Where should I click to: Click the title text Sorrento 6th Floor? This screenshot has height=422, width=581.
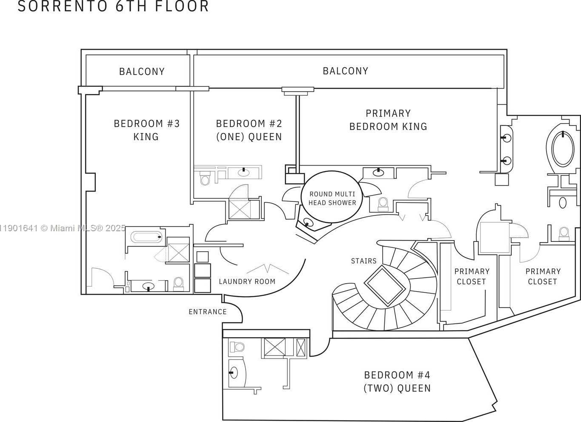pos(113,6)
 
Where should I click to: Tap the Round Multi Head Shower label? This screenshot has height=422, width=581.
pos(332,198)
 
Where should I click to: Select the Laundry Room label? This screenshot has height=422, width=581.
pos(247,281)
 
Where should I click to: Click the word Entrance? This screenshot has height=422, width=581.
pos(208,312)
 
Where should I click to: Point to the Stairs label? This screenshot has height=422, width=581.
pos(363,261)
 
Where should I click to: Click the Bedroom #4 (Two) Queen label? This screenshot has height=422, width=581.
pos(397,382)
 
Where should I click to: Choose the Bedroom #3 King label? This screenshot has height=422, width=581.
pos(146,130)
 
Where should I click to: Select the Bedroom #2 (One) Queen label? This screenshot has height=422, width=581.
pos(249,130)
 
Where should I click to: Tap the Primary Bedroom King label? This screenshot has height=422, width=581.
pos(388,120)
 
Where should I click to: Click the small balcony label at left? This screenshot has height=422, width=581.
pos(142,72)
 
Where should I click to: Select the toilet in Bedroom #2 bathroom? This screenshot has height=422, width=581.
pos(205,179)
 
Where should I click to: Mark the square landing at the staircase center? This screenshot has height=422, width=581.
pos(384,285)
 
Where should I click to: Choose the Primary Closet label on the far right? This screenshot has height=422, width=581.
pos(543,276)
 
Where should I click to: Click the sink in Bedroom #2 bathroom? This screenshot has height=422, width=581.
pos(243,172)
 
